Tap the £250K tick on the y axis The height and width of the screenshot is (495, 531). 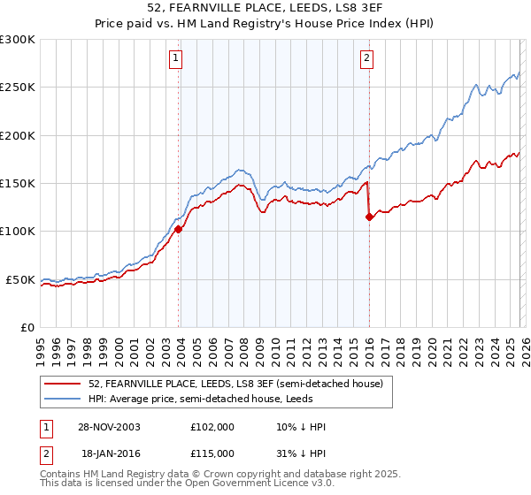click(x=18, y=88)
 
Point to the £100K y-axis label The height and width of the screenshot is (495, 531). click(x=18, y=232)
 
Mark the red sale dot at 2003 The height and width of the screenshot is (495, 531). click(x=179, y=229)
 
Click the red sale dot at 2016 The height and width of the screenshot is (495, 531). click(x=368, y=217)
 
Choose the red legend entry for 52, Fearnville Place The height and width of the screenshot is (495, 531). click(x=235, y=385)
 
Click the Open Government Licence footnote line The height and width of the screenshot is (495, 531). click(x=187, y=484)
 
